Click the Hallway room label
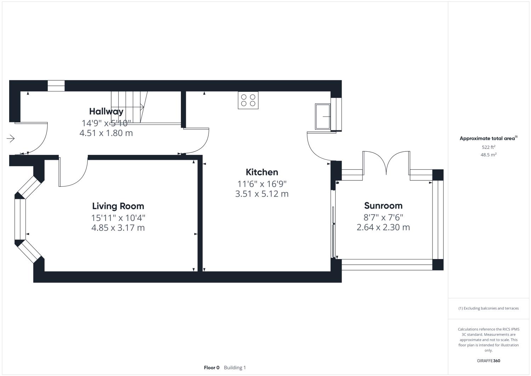click(106, 111)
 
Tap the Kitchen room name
click(262, 172)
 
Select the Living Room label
click(118, 206)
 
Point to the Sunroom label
click(383, 206)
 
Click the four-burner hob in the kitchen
click(248, 100)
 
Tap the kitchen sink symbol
click(323, 116)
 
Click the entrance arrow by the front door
click(11, 139)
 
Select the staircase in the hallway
click(129, 107)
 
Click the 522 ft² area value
click(488, 147)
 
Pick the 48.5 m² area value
click(488, 155)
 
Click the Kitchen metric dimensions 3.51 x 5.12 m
click(262, 194)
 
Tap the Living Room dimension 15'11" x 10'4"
click(118, 218)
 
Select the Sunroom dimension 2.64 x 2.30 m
click(383, 227)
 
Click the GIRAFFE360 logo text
click(488, 361)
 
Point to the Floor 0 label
click(212, 367)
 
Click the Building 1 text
click(235, 367)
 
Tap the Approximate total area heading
click(488, 139)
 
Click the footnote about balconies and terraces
click(488, 308)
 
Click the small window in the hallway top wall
click(56, 86)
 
